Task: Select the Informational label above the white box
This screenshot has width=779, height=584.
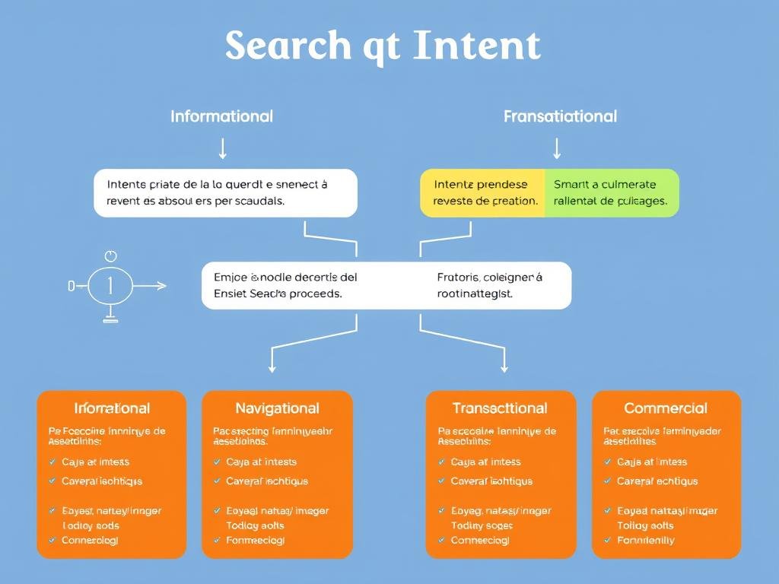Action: coord(221,116)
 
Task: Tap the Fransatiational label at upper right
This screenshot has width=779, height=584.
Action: coord(560,116)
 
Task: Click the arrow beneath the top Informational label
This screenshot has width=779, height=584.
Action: coord(222,148)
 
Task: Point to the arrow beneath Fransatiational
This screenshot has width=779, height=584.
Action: coord(557,148)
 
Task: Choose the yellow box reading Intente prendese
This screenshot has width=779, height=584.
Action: coord(483,192)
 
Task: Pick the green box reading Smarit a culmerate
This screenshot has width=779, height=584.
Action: coord(611,192)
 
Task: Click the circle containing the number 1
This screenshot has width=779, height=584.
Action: coord(110,286)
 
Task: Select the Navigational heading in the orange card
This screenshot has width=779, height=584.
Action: coord(277,408)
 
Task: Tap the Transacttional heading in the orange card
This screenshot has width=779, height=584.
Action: coord(500,408)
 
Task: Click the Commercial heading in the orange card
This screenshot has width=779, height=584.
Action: coord(666,408)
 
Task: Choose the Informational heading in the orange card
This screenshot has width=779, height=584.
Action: coord(112,408)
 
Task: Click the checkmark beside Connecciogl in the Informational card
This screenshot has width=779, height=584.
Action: coord(52,540)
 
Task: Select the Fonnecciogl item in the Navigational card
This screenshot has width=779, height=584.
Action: coord(256,541)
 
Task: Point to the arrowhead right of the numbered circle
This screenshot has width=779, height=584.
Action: coord(161,286)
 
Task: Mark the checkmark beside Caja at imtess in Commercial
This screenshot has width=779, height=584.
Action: coord(608,462)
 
